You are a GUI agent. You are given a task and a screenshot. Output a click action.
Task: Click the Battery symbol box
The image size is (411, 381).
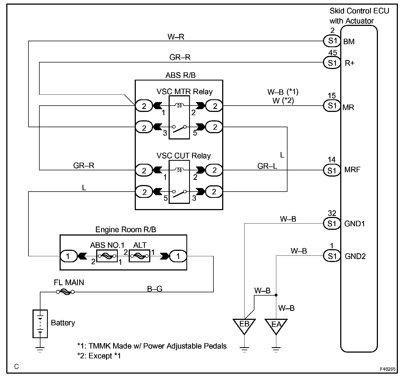40,323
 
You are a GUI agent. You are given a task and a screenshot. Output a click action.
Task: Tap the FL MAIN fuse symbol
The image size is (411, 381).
65,292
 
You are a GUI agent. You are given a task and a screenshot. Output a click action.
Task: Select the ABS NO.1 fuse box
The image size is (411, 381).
107,256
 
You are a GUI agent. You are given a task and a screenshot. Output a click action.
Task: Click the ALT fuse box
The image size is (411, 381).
139,256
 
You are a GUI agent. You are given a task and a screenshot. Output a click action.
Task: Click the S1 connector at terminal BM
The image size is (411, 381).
332,41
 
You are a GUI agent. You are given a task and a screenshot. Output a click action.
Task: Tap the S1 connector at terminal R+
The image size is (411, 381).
332,63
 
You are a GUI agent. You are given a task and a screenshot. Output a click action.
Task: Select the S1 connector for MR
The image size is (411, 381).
332,106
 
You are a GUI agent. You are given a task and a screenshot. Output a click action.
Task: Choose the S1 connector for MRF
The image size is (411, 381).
332,170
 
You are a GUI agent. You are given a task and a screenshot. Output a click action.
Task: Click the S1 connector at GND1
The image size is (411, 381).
332,224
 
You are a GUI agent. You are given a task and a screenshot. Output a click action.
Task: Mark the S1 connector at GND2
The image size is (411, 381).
332,256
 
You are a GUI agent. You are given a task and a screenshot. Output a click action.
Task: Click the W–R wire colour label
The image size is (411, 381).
176,37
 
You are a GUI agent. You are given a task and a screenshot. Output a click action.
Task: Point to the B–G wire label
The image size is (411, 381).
155,288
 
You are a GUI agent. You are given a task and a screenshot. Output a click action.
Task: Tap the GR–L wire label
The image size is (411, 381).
267,166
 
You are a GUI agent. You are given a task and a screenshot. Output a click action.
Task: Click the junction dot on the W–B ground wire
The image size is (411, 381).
276,295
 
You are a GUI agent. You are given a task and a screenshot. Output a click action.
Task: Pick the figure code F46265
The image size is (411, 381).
387,369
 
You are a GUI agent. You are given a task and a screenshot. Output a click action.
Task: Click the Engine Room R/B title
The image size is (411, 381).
126,230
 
